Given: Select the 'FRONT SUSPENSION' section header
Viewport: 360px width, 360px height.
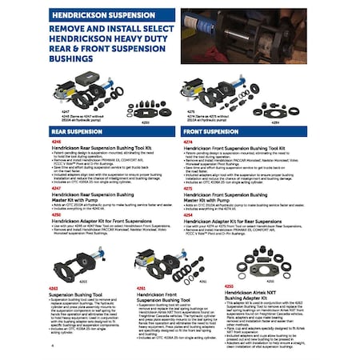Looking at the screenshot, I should [210, 129].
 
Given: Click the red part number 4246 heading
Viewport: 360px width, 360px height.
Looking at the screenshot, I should [54, 140].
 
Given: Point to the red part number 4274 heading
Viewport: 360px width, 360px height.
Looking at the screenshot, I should [187, 140].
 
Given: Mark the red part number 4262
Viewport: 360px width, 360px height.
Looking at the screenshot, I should [54, 286].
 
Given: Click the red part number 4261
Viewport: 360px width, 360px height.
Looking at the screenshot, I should [141, 286].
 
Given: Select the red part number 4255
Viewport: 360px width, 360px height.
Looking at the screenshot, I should [229, 286].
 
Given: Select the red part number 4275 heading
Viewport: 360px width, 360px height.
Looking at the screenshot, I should [187, 188].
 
